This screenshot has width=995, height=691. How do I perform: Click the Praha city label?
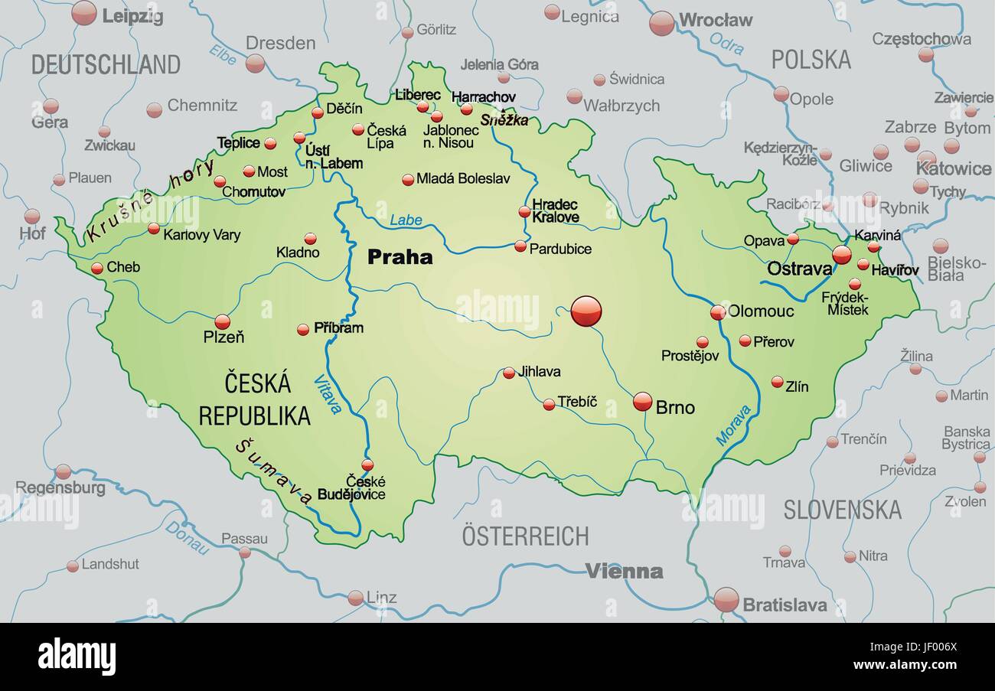[400, 257]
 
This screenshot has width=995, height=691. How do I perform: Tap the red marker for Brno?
[643, 401]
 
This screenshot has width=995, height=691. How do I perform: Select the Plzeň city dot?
[222, 321]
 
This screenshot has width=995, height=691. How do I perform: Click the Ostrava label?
[799, 269]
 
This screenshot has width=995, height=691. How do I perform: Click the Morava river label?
[733, 425]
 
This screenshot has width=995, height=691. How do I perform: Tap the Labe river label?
[406, 220]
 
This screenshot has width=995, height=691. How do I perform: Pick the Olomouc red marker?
[717, 312]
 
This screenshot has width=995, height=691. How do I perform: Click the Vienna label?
[624, 571]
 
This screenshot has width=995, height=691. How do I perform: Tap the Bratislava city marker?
[726, 599]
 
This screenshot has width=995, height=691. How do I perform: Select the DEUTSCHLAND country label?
[106, 65]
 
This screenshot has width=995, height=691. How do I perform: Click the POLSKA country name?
[811, 60]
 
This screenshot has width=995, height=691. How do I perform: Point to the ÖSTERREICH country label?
[525, 536]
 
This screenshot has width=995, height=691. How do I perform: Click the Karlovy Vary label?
[201, 235]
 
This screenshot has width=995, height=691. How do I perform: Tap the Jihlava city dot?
[509, 373]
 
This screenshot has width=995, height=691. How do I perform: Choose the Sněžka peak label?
[504, 120]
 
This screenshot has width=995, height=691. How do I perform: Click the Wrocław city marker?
[661, 23]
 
